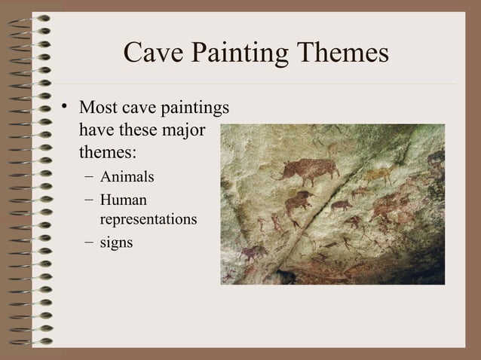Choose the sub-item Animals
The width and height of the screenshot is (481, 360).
pos(127,178)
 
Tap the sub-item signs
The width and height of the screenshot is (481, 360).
pos(116,243)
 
